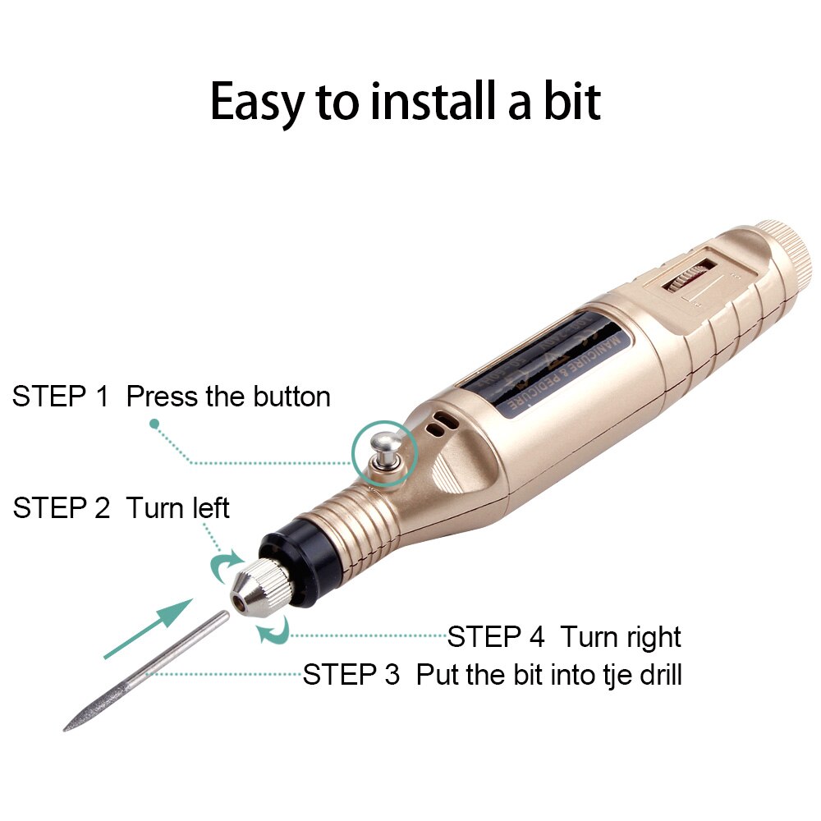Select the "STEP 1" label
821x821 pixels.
[60, 397]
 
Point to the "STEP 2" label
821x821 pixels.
[61, 507]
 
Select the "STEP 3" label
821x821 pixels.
[351, 675]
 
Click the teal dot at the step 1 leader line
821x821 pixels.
[154, 424]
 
